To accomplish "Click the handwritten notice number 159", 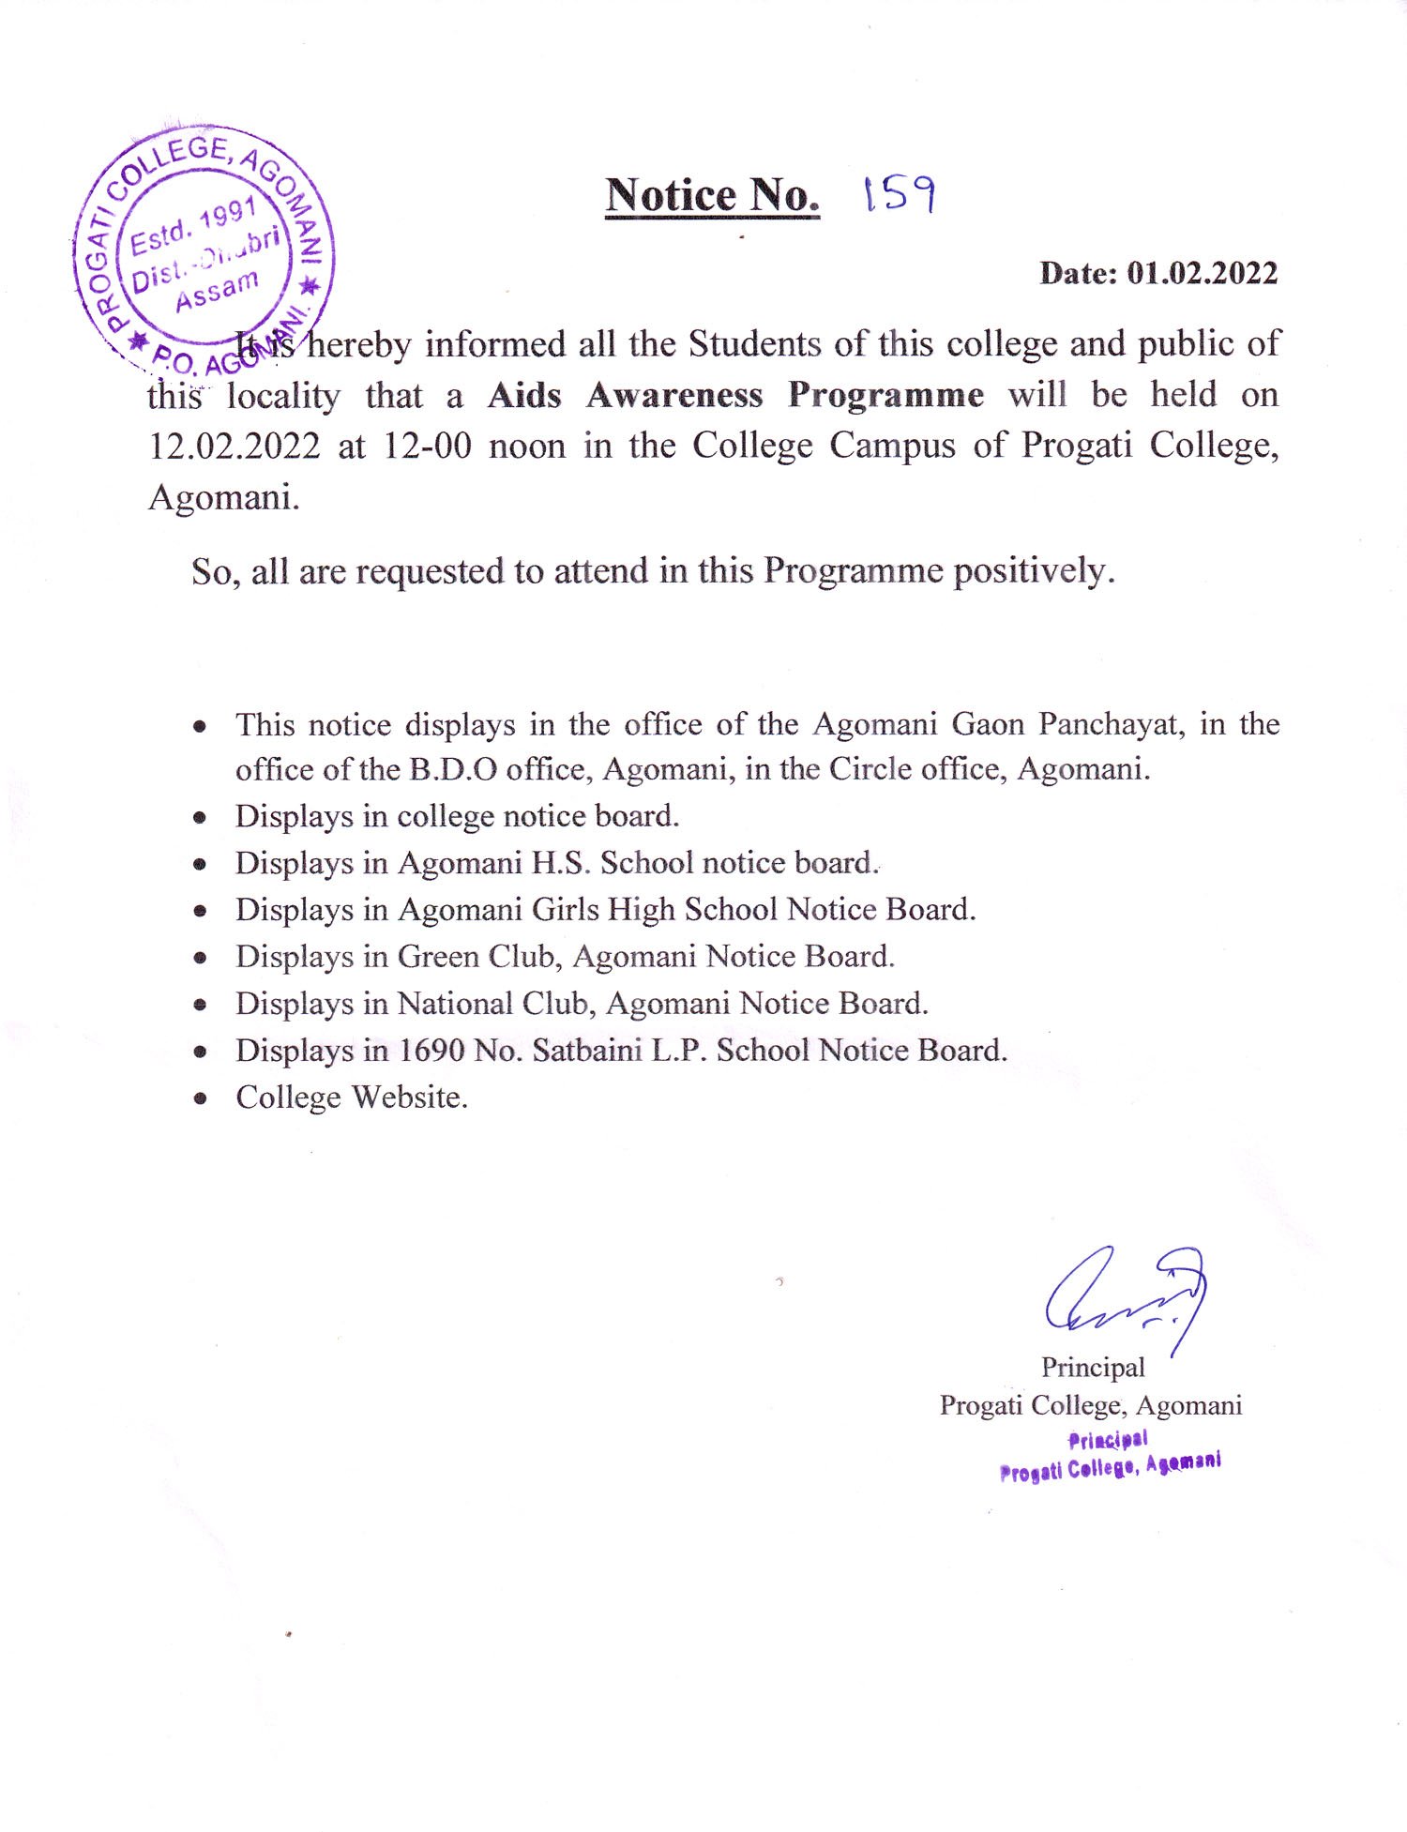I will pyautogui.click(x=899, y=194).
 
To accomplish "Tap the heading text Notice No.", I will pyautogui.click(x=712, y=195).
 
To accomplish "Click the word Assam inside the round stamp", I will pyautogui.click(x=217, y=290).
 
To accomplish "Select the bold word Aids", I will pyautogui.click(x=524, y=395).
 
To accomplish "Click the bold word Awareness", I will pyautogui.click(x=674, y=395).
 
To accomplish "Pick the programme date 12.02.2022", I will pyautogui.click(x=234, y=447).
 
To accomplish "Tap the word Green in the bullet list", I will pyautogui.click(x=438, y=956).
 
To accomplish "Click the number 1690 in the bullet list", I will pyautogui.click(x=431, y=1050).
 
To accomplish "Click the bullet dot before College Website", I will pyautogui.click(x=200, y=1098).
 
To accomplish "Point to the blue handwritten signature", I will pyautogui.click(x=1126, y=1295).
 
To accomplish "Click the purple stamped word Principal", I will pyautogui.click(x=1108, y=1440).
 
